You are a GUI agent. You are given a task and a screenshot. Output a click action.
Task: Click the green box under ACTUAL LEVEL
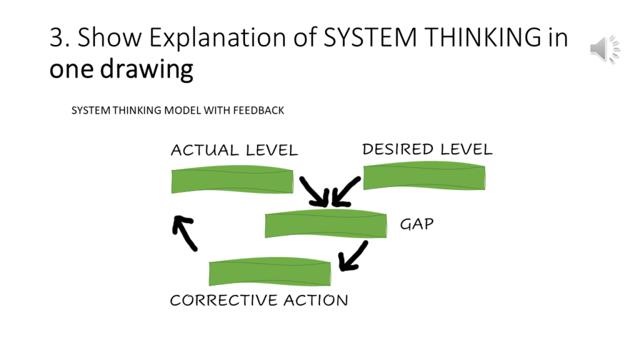coord(232,181)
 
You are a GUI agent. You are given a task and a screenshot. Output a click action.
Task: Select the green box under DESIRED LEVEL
coord(424,177)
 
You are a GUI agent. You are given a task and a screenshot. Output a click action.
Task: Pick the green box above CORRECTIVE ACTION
coord(269,273)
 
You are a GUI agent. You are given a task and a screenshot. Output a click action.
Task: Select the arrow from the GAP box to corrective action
coord(352,256)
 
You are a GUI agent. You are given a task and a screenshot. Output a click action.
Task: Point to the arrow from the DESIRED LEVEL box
coord(346,192)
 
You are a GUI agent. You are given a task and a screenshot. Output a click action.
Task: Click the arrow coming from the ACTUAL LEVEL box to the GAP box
coord(314,191)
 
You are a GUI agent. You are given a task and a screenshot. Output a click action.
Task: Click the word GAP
coord(417,224)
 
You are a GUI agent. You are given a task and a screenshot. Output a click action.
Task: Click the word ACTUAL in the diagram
coord(204,151)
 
